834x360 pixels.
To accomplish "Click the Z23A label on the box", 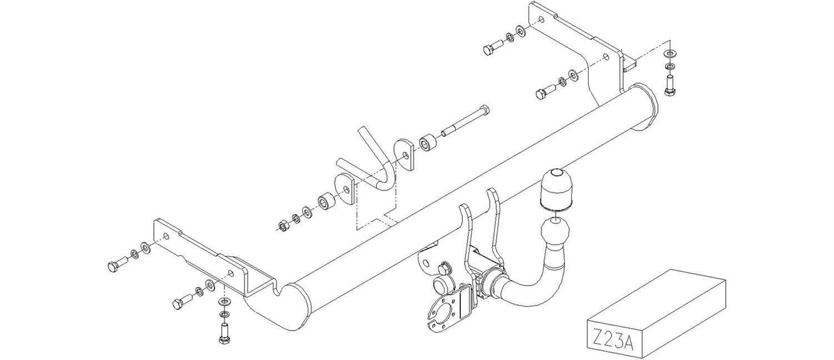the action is pos(612,338).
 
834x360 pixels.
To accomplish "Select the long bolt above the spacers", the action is pos(466,122).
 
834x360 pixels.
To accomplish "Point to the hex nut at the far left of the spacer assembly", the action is pos(283,225).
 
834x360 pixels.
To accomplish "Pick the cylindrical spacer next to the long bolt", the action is pos(427,143).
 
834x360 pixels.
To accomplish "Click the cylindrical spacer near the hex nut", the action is pos(326,202).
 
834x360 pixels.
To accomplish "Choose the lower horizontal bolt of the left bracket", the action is pos(182,301).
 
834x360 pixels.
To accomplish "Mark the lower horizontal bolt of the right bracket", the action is pos(546,91).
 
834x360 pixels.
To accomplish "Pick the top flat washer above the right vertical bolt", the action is pos(670,54).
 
